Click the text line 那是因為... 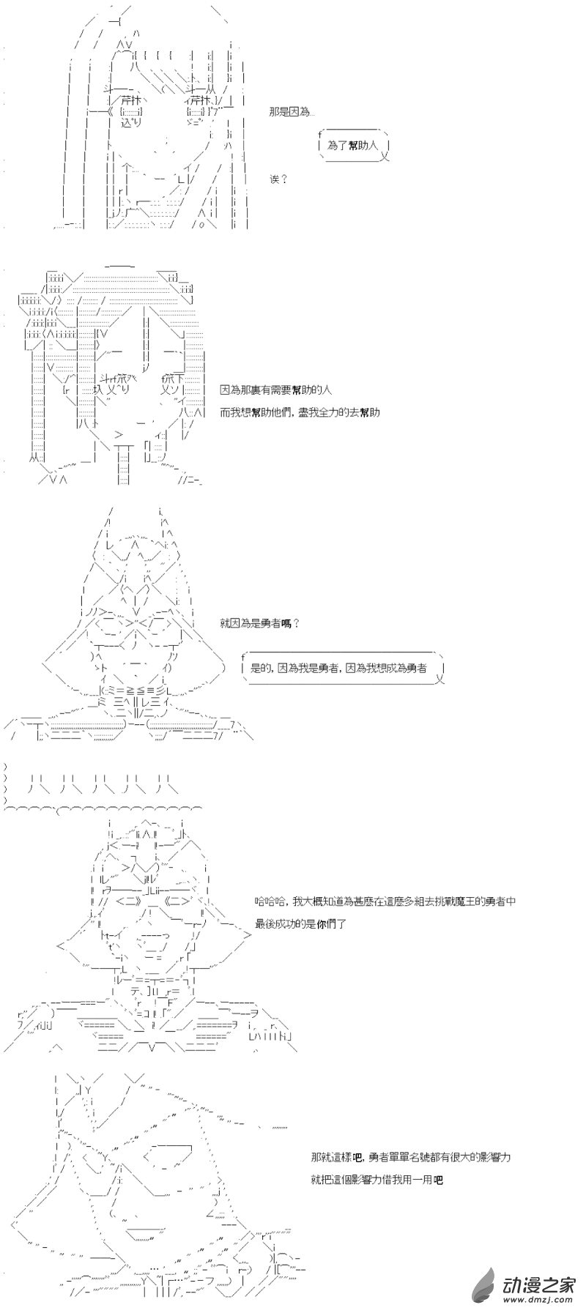click(x=292, y=112)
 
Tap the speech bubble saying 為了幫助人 click(x=352, y=146)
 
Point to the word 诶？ click(x=279, y=179)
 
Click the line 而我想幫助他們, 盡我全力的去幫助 click(x=300, y=412)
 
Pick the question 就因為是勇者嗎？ click(x=259, y=623)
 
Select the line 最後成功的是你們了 click(x=300, y=924)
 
